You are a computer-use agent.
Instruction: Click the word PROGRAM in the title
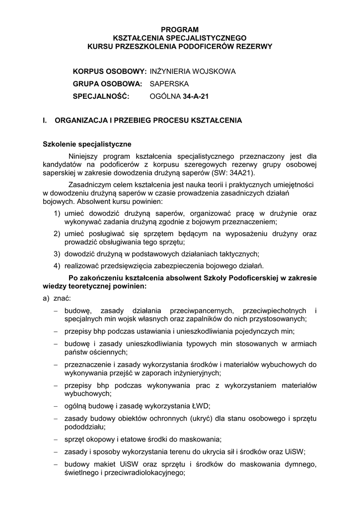point(180,30)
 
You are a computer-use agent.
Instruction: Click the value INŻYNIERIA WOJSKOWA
point(193,71)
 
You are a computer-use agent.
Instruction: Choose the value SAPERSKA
point(169,84)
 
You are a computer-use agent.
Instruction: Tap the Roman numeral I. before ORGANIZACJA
point(46,121)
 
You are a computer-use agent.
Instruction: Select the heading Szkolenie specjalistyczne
point(87,144)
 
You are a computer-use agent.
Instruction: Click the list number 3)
point(58,254)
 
